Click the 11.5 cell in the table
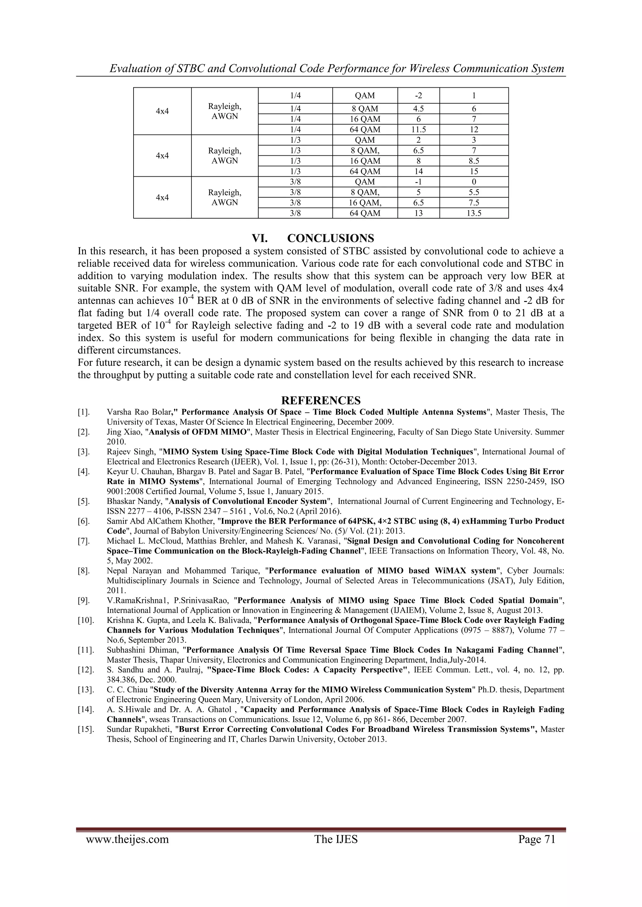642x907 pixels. pyautogui.click(x=418, y=130)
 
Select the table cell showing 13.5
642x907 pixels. pyautogui.click(x=474, y=213)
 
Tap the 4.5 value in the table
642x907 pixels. pyautogui.click(x=418, y=109)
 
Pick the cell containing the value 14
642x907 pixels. pyautogui.click(x=418, y=171)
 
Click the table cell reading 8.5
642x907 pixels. pyautogui.click(x=474, y=161)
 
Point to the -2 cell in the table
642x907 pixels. pyautogui.click(x=418, y=96)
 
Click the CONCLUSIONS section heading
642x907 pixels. pyautogui.click(x=330, y=238)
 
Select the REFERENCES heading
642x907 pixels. pyautogui.click(x=321, y=401)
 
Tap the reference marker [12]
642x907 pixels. pyautogui.click(x=86, y=670)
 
